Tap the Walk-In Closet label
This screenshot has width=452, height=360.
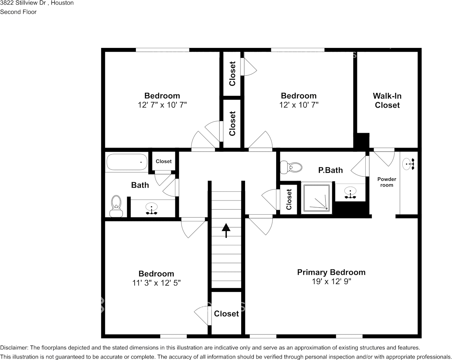(x=387, y=100)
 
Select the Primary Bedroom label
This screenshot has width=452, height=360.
(x=331, y=272)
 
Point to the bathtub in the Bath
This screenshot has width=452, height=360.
(x=127, y=162)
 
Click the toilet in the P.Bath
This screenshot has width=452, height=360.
(x=291, y=167)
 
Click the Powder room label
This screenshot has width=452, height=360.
(x=387, y=182)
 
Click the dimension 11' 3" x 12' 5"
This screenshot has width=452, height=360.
(x=156, y=283)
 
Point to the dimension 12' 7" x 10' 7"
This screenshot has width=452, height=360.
(x=162, y=105)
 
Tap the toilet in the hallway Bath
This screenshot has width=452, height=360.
(x=116, y=205)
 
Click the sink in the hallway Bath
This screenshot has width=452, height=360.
(x=151, y=209)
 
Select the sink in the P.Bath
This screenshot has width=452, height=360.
(x=350, y=192)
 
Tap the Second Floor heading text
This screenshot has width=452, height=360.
(x=18, y=12)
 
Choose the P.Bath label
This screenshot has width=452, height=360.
(x=330, y=170)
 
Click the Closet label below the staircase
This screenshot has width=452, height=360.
(x=226, y=314)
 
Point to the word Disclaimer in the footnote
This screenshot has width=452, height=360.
(x=14, y=347)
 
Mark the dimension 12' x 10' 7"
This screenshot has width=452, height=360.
(x=299, y=105)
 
